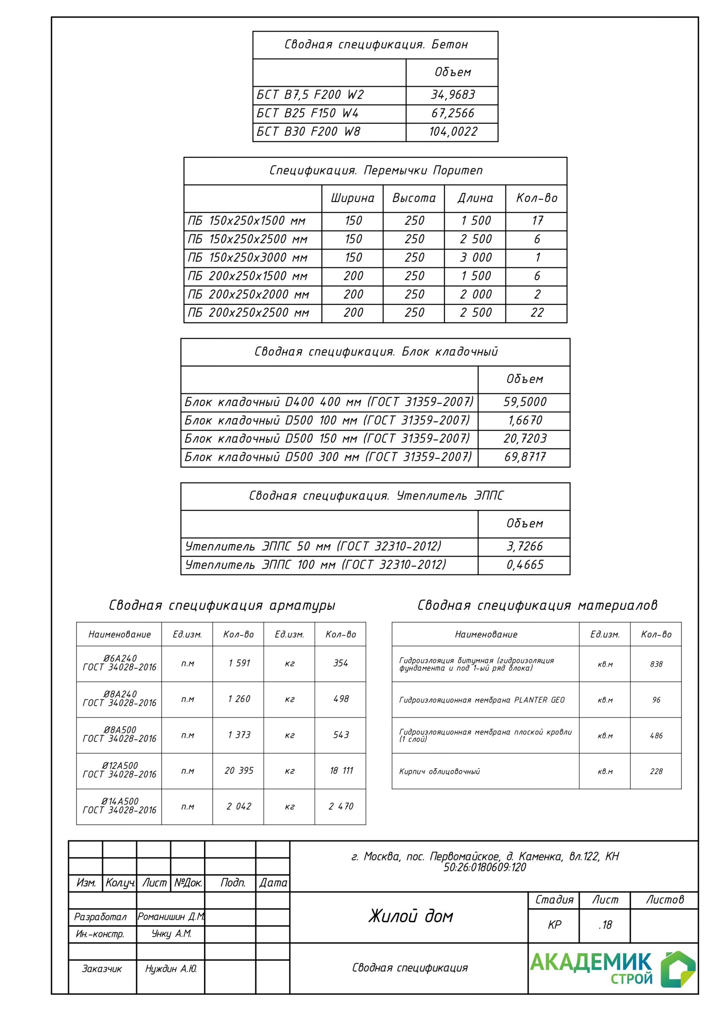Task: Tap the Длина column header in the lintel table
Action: pos(475,198)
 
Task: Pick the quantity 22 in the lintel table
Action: pos(537,313)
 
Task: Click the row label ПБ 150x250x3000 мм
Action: pos(248,257)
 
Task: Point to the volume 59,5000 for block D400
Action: pos(525,402)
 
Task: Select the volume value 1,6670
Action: pos(525,420)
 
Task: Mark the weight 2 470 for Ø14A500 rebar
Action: pos(341,806)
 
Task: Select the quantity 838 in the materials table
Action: pos(656,664)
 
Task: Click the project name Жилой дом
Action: pos(410,916)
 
